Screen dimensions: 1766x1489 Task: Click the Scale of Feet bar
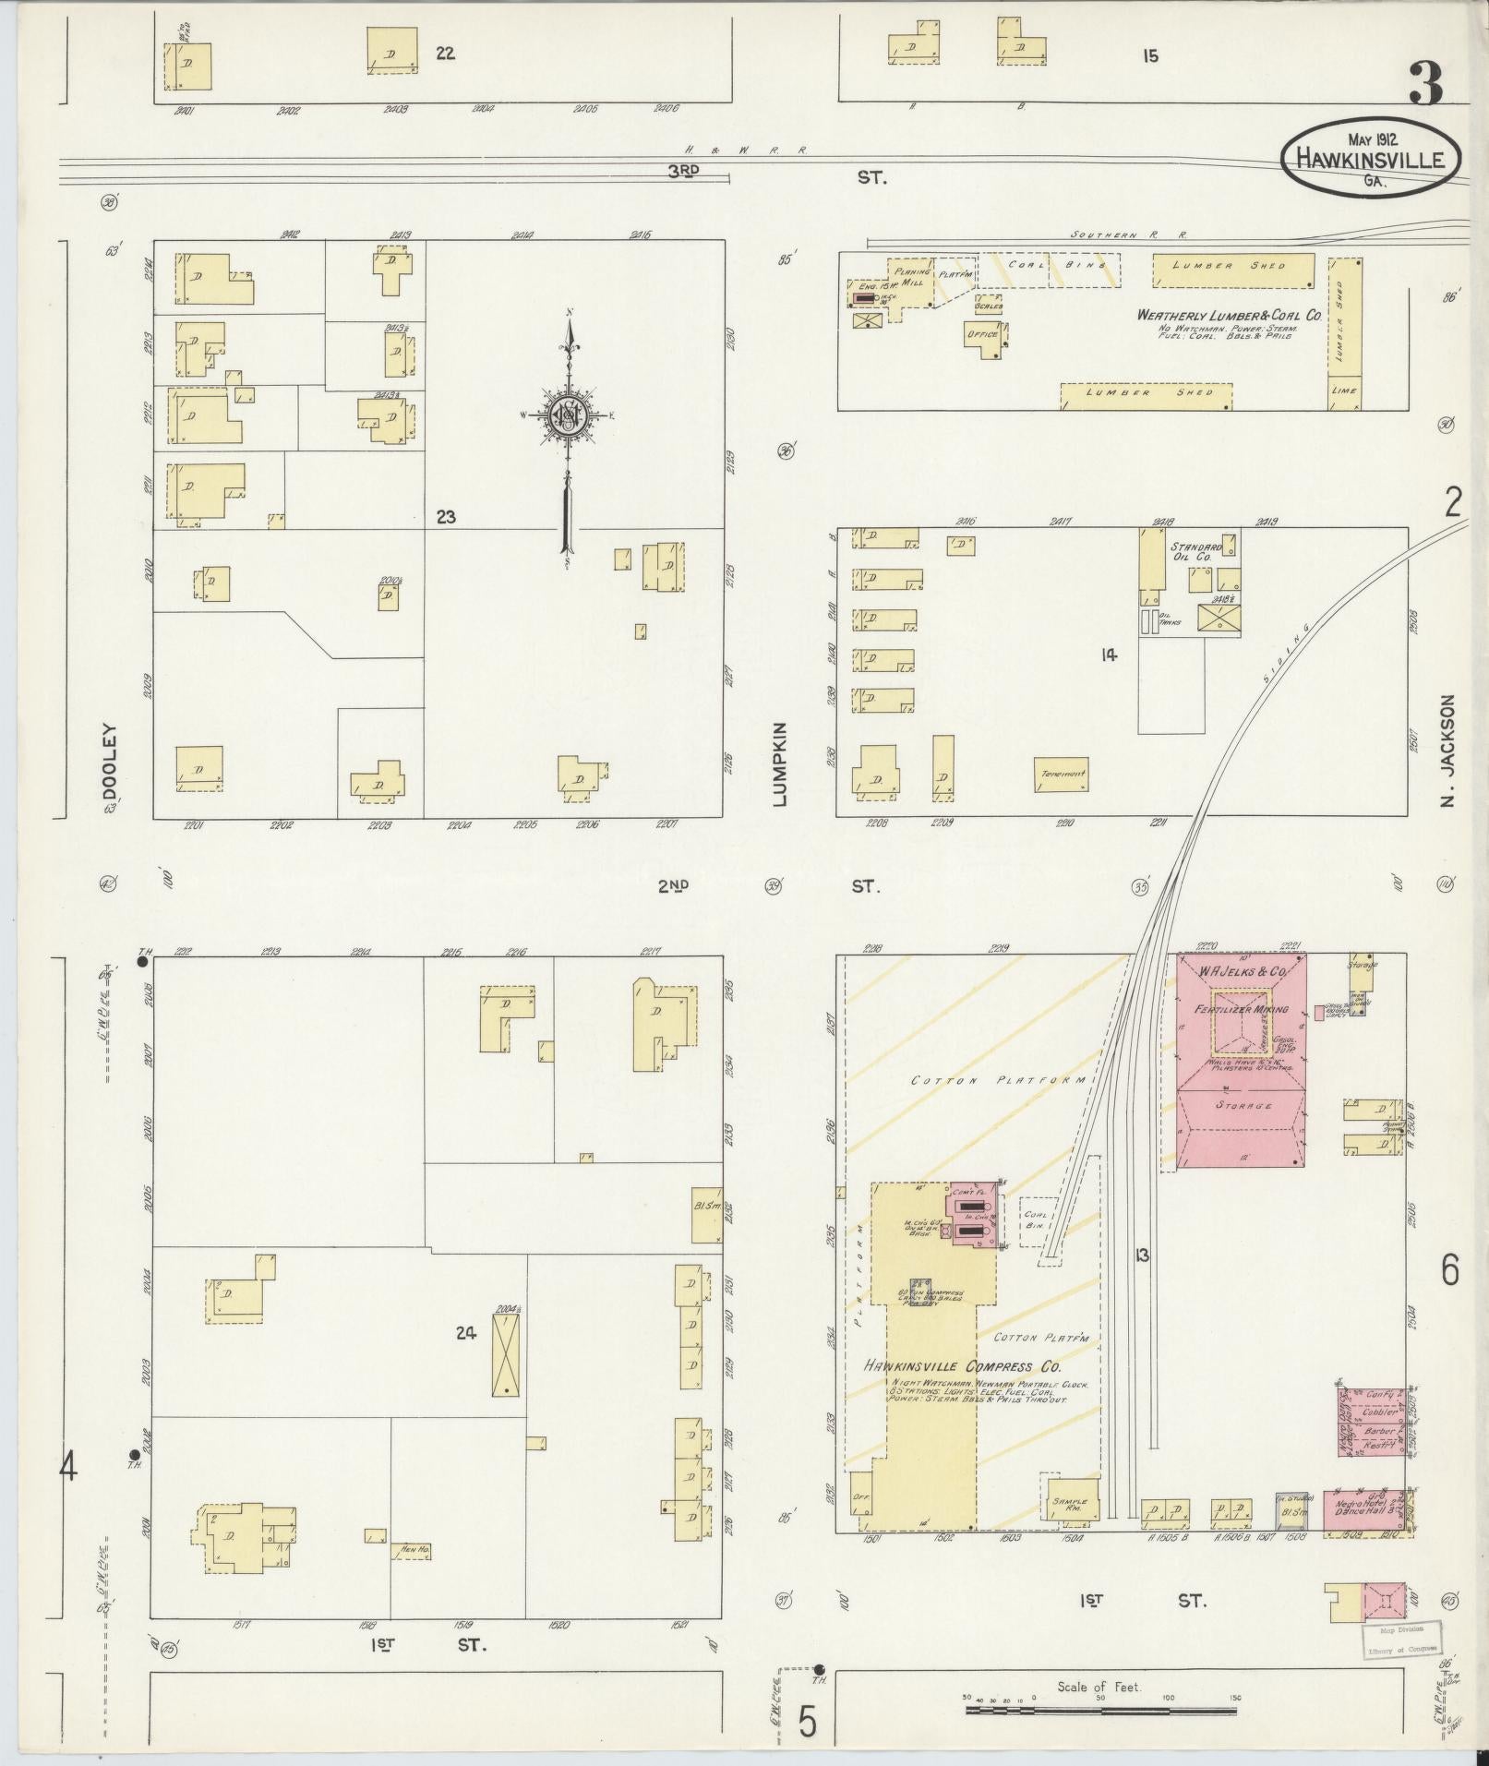click(1100, 1710)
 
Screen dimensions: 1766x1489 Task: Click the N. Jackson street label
click(1447, 750)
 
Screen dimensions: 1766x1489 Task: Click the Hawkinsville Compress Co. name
click(963, 1366)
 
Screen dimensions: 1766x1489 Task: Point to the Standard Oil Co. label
click(1195, 553)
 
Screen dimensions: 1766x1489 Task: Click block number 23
click(446, 517)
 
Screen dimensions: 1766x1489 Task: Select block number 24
click(465, 1333)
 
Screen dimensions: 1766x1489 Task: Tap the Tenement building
click(1061, 774)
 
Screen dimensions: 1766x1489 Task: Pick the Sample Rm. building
click(1068, 1502)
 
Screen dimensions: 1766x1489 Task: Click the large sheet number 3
click(1425, 85)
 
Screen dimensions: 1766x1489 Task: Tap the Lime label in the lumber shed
click(1345, 390)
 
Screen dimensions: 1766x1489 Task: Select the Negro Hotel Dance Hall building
click(1366, 1515)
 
